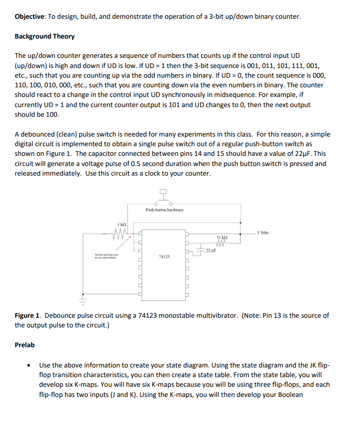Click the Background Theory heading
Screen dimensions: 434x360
tap(45, 37)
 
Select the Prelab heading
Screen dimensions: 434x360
tap(25, 345)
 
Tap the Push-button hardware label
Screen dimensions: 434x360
tap(164, 210)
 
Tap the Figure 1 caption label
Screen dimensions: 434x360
tap(28, 315)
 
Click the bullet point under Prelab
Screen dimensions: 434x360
tap(31, 365)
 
